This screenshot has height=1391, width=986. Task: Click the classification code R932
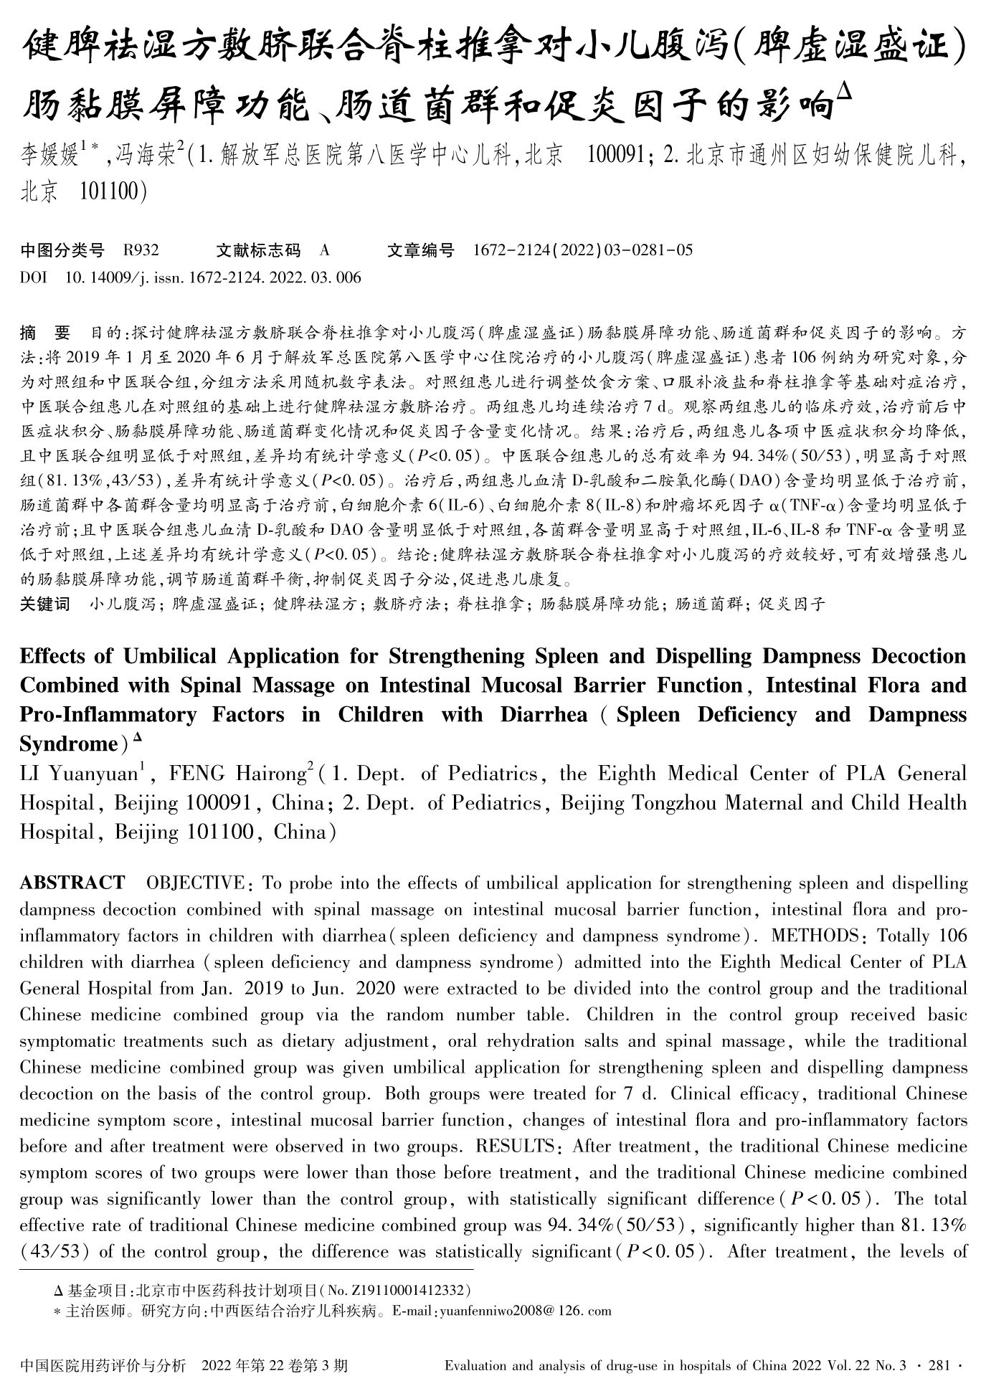141,250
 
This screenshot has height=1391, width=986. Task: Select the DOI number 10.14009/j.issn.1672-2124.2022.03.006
213,277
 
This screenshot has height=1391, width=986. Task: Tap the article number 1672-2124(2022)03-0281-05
583,250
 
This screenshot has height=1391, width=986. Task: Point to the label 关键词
45,604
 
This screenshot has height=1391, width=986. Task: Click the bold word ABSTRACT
72,883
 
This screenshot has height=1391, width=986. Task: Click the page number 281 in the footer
938,1366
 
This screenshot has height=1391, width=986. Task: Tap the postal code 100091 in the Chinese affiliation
615,155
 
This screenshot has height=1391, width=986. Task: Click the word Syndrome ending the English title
67,744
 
